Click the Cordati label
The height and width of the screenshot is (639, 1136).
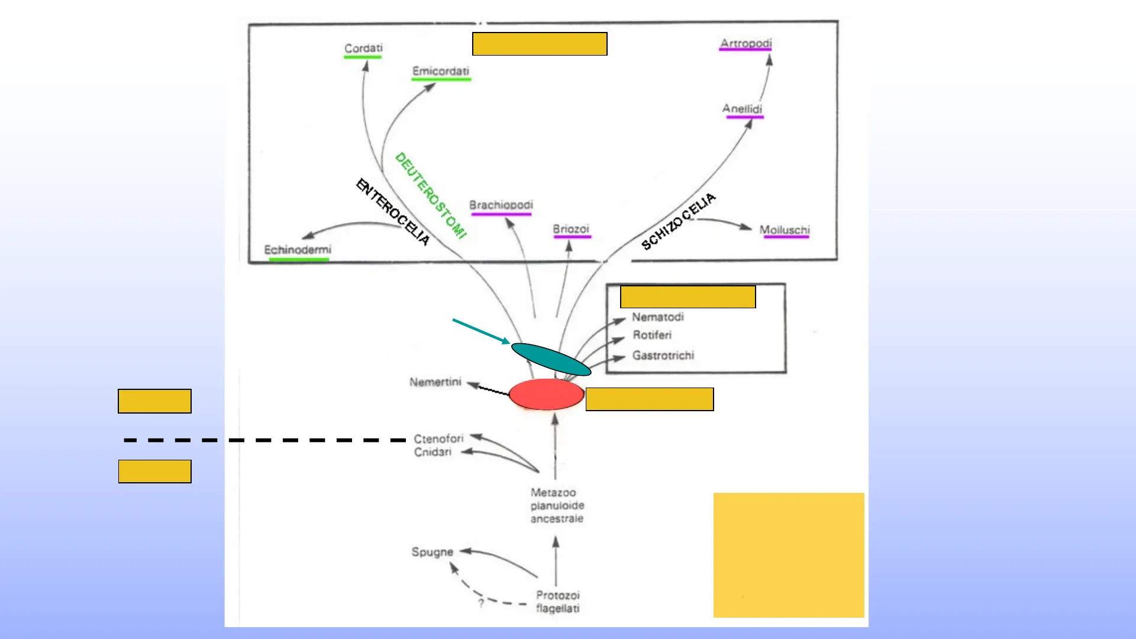pyautogui.click(x=363, y=48)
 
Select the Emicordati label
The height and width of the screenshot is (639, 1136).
pyautogui.click(x=441, y=71)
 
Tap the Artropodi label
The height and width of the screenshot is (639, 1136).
pyautogui.click(x=745, y=43)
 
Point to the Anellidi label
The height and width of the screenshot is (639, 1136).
pyautogui.click(x=742, y=109)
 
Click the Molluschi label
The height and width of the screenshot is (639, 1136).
pyautogui.click(x=785, y=230)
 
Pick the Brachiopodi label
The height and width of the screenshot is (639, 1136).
pyautogui.click(x=501, y=205)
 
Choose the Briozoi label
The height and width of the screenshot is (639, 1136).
pyautogui.click(x=571, y=229)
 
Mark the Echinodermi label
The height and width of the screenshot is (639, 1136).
pyautogui.click(x=298, y=250)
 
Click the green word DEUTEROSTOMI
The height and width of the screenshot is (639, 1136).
pyautogui.click(x=431, y=195)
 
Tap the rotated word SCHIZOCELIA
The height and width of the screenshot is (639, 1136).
pyautogui.click(x=679, y=221)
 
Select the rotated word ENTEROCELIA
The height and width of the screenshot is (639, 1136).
pyautogui.click(x=393, y=211)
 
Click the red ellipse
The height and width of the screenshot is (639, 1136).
pyautogui.click(x=547, y=395)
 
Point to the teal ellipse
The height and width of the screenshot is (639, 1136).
pyautogui.click(x=551, y=359)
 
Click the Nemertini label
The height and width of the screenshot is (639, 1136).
pyautogui.click(x=435, y=382)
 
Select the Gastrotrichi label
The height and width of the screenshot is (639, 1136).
pyautogui.click(x=663, y=356)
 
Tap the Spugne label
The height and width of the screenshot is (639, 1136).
pyautogui.click(x=433, y=552)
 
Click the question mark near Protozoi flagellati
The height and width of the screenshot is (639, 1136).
pyautogui.click(x=481, y=603)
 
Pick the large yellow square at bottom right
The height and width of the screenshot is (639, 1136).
pyautogui.click(x=789, y=555)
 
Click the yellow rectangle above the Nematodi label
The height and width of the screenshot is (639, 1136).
pyautogui.click(x=688, y=297)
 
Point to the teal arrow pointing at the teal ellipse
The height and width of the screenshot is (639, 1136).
pyautogui.click(x=481, y=331)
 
